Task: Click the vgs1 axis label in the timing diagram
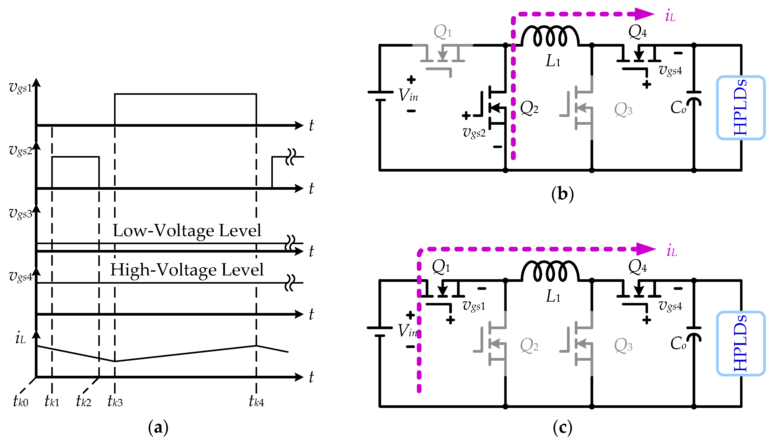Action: (x=20, y=88)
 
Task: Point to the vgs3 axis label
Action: (x=20, y=213)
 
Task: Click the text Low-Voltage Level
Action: (x=187, y=231)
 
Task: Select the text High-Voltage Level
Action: (x=187, y=270)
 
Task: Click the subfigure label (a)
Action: (x=158, y=427)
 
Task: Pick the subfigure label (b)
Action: (x=562, y=194)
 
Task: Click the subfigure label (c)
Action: (x=562, y=427)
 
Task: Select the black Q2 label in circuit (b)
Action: (x=529, y=108)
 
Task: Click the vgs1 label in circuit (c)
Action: (x=474, y=305)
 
